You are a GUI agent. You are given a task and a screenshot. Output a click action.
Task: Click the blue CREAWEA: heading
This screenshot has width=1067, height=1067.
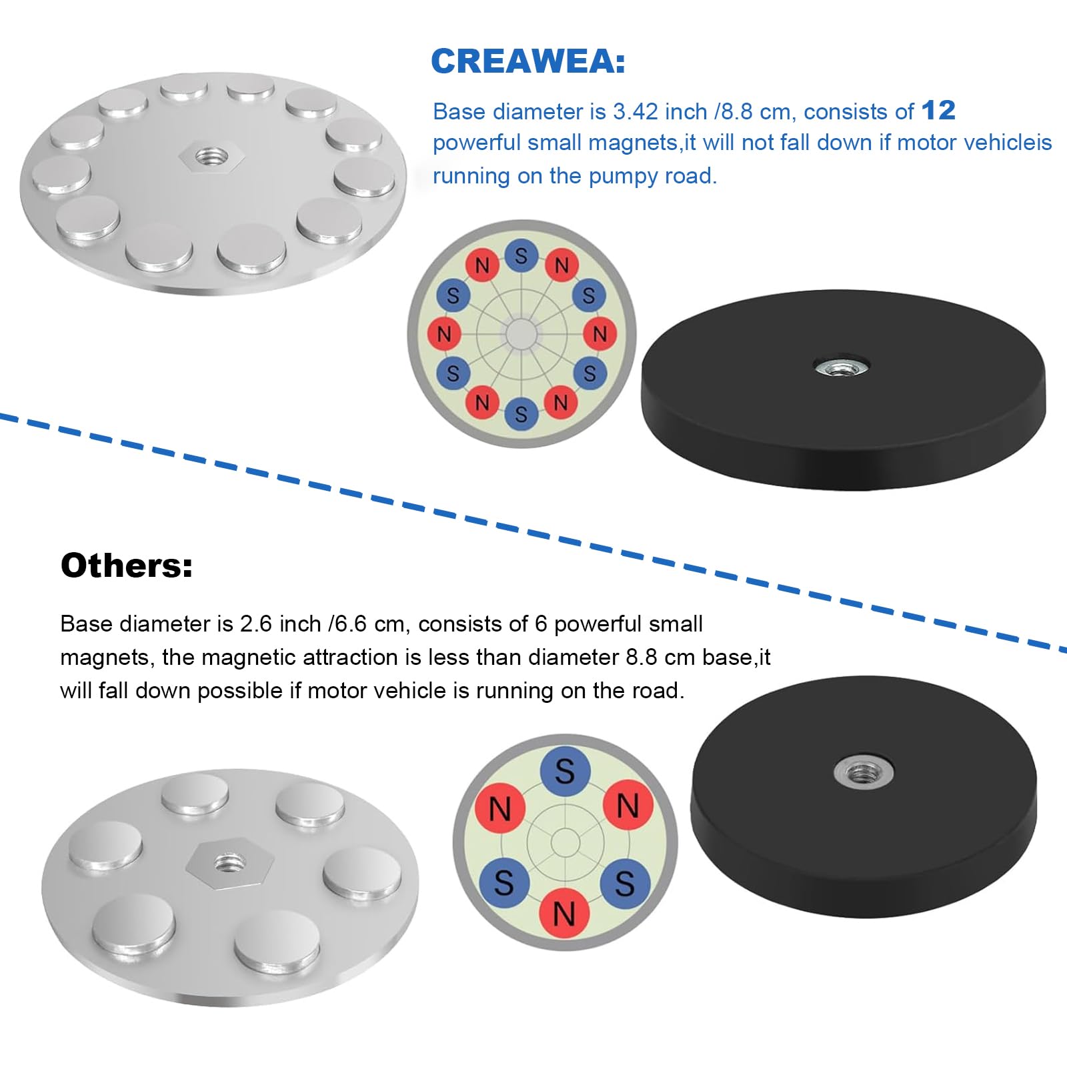point(528,61)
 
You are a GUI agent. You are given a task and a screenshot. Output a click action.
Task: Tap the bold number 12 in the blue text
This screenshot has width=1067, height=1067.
point(938,111)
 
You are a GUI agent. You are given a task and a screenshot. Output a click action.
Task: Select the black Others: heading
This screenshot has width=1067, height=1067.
point(127,566)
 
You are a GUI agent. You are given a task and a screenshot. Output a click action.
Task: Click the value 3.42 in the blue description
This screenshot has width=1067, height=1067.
point(636,111)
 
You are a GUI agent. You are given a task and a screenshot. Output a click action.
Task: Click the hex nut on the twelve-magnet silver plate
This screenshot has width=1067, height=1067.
point(212,157)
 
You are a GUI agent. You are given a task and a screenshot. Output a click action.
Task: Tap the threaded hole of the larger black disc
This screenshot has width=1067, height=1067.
point(841,365)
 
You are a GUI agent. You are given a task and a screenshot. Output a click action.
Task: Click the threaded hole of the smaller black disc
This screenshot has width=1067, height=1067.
point(864,774)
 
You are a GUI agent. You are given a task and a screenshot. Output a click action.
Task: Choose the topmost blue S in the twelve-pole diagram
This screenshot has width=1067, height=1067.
point(521,255)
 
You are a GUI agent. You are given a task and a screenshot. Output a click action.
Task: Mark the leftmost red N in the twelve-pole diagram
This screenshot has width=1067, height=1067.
point(444,333)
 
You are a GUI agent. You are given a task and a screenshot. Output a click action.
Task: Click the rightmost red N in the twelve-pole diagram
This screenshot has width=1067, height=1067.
point(600,333)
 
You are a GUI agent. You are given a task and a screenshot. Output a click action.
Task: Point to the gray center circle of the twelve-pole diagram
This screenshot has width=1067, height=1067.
point(521,334)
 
